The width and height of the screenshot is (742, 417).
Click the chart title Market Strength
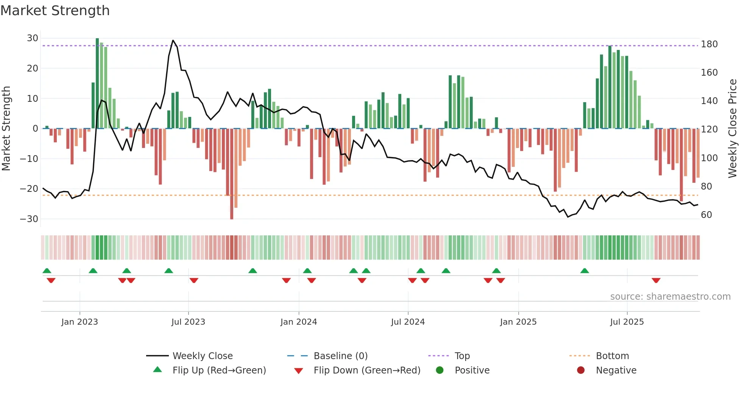[55, 11]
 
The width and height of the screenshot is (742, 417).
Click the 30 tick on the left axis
[33, 38]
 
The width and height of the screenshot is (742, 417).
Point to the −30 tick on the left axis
[29, 219]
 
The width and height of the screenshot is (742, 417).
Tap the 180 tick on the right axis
[709, 44]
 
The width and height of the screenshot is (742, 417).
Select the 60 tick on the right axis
[706, 215]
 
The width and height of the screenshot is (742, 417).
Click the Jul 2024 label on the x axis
[408, 322]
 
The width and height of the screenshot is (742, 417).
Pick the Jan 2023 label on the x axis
[79, 322]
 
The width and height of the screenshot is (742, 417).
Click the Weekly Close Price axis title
[733, 129]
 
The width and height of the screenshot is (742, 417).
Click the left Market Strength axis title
[6, 129]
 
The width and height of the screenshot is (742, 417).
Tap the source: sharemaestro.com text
[670, 297]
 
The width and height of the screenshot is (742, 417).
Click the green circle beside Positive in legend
[440, 370]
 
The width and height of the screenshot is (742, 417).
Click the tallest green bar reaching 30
[97, 83]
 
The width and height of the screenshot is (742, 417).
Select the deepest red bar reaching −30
[232, 174]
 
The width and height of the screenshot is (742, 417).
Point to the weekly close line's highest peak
[173, 40]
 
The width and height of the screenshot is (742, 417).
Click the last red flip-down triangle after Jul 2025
[656, 280]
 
